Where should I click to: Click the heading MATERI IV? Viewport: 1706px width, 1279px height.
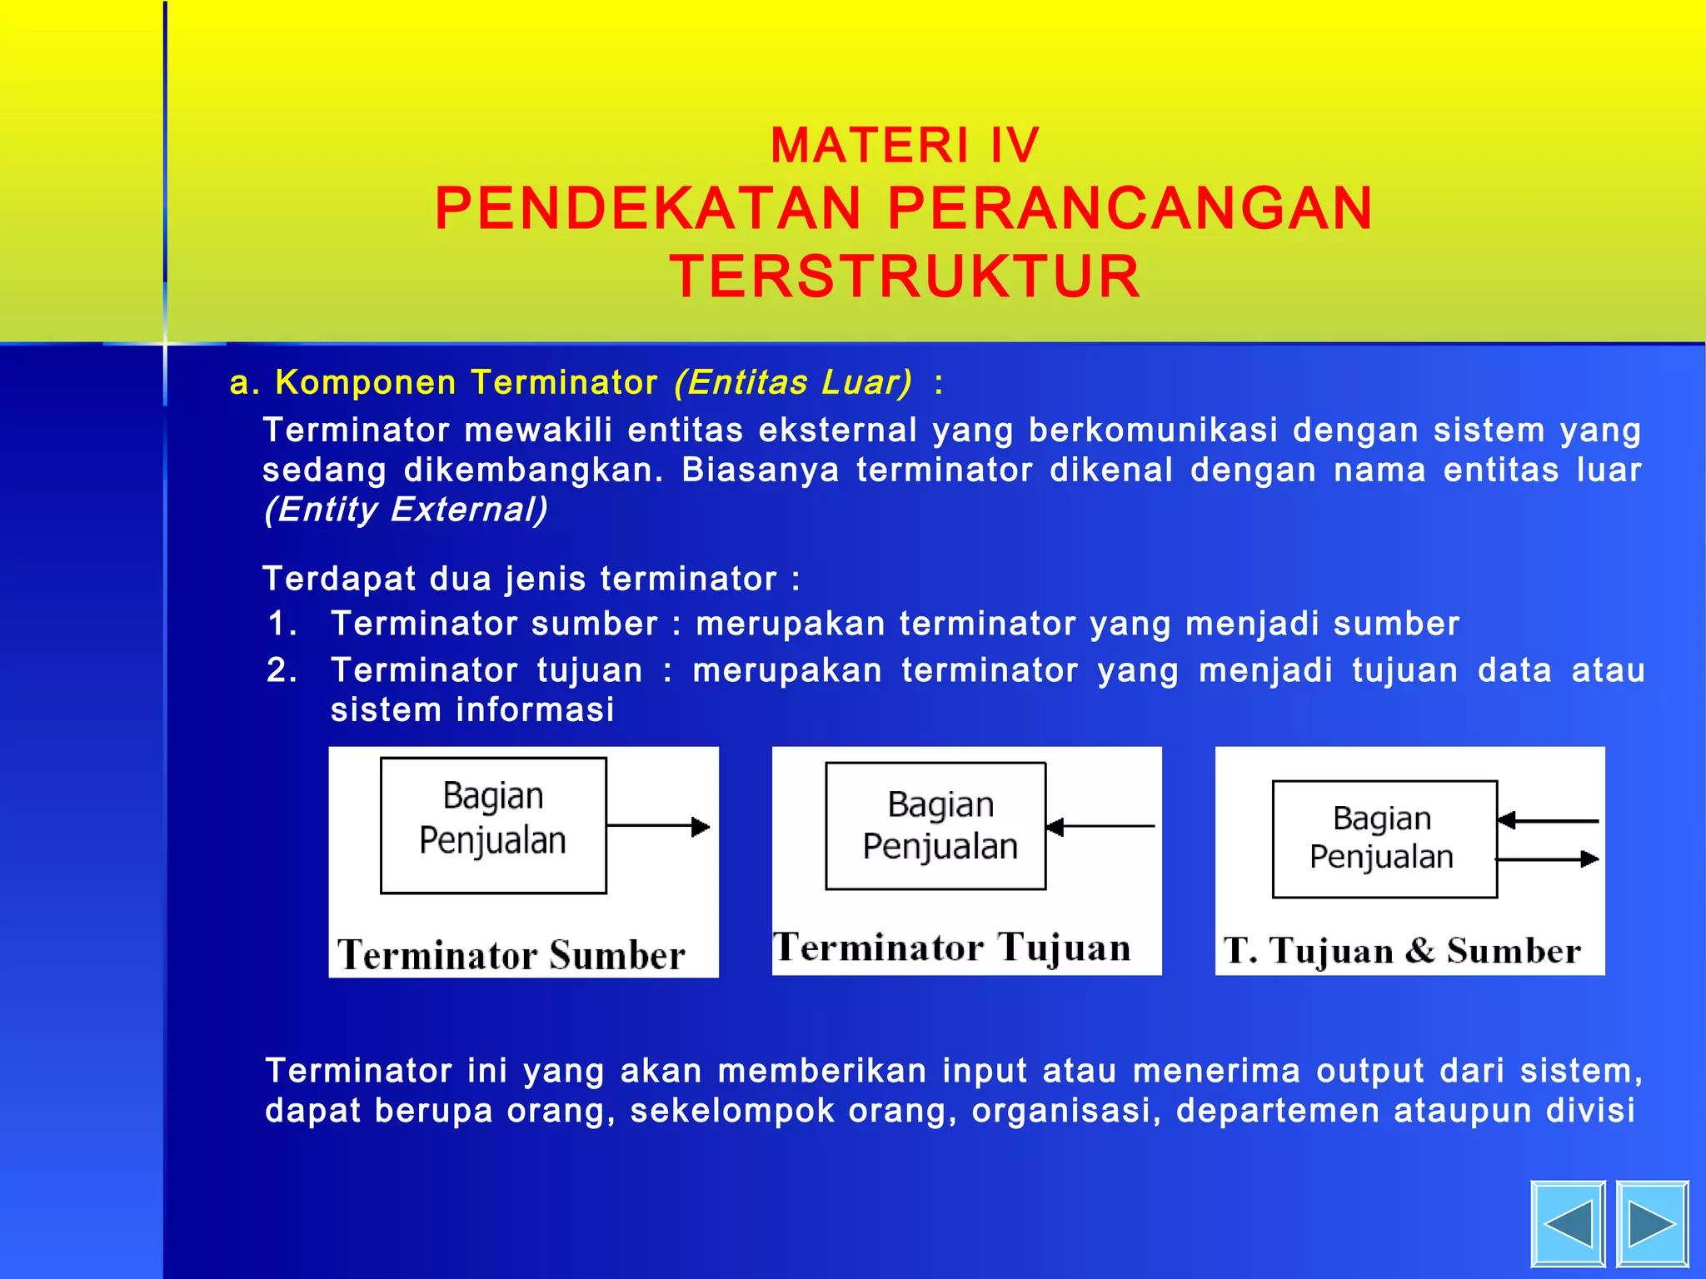(x=905, y=146)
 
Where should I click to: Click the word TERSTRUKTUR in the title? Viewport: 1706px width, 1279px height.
(x=905, y=276)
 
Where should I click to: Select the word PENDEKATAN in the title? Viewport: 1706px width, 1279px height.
(x=648, y=208)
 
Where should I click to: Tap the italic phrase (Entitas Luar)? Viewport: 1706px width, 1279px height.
(x=793, y=382)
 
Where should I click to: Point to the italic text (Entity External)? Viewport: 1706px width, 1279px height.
(x=406, y=510)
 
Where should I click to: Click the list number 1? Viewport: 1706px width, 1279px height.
(x=282, y=624)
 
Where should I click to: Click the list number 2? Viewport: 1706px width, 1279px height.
(x=282, y=670)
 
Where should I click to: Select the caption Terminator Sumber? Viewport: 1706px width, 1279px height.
(x=511, y=954)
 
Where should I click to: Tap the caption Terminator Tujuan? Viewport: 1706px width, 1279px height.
(x=952, y=948)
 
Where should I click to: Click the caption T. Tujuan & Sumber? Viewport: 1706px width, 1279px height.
(x=1402, y=951)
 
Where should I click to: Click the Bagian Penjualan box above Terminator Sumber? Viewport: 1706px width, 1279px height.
(x=493, y=825)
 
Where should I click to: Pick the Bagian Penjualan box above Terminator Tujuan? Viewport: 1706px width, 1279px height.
(x=935, y=825)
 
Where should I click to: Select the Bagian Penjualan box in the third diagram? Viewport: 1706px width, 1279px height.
(x=1384, y=839)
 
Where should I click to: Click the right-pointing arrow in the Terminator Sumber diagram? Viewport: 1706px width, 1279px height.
(x=658, y=826)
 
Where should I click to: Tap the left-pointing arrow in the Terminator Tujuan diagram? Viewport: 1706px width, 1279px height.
(x=1100, y=826)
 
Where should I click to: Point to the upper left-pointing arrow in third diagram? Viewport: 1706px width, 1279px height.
(x=1548, y=821)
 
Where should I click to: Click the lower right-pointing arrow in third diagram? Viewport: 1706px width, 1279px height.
(x=1548, y=858)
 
